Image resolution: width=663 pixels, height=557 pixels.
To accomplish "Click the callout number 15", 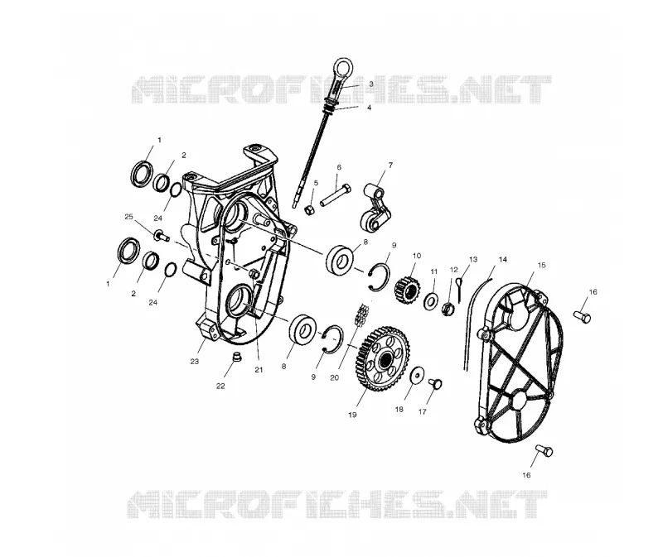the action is coord(541,265).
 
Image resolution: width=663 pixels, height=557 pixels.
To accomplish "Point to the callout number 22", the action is coord(220,386).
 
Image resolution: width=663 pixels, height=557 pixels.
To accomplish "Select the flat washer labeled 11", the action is coord(431,301).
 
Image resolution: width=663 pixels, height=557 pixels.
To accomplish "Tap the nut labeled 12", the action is coord(448,310).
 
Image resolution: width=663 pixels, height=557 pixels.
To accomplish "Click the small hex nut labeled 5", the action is coord(309,209).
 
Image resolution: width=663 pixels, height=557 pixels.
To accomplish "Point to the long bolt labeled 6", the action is coord(336,194).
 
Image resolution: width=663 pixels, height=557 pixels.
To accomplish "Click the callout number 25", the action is coord(129,217).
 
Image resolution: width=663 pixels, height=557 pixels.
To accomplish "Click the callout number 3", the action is coord(370,84).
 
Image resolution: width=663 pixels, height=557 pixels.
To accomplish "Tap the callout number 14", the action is coord(503,259).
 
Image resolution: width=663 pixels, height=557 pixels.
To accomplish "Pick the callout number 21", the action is coord(259,370).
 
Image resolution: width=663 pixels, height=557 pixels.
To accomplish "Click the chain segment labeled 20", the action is coord(361,315).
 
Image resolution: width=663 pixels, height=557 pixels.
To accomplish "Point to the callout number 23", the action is coord(194,362).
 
